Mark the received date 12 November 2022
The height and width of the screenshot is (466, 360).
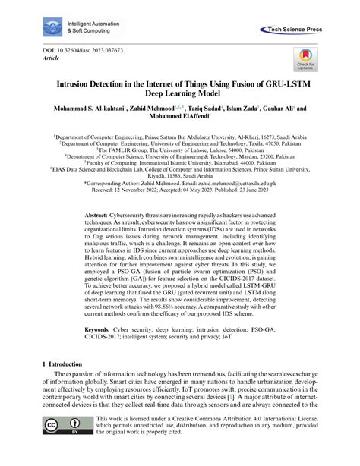(x=125, y=191)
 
